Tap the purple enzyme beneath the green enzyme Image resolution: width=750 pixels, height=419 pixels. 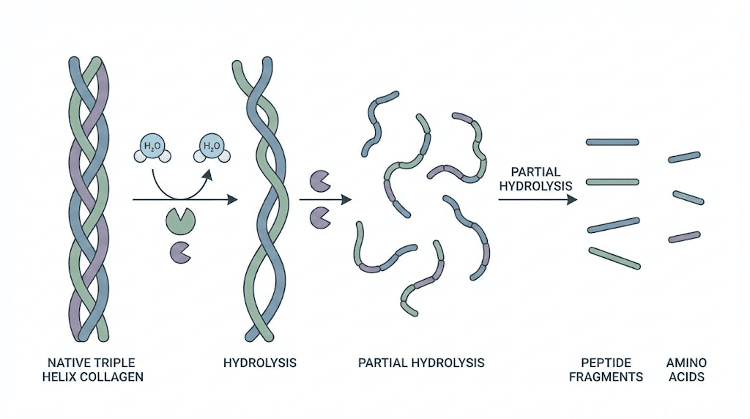(180, 251)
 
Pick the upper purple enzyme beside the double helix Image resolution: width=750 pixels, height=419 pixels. (320, 179)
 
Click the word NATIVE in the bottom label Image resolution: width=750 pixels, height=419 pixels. (68, 363)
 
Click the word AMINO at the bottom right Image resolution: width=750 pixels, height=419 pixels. (686, 363)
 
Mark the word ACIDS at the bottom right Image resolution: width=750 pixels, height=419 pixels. (686, 377)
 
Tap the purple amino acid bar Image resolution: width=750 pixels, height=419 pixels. (684, 237)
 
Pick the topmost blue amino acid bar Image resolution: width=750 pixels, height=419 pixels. (684, 157)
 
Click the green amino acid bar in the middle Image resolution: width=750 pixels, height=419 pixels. (688, 197)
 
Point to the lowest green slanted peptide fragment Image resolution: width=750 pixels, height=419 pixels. (615, 259)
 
